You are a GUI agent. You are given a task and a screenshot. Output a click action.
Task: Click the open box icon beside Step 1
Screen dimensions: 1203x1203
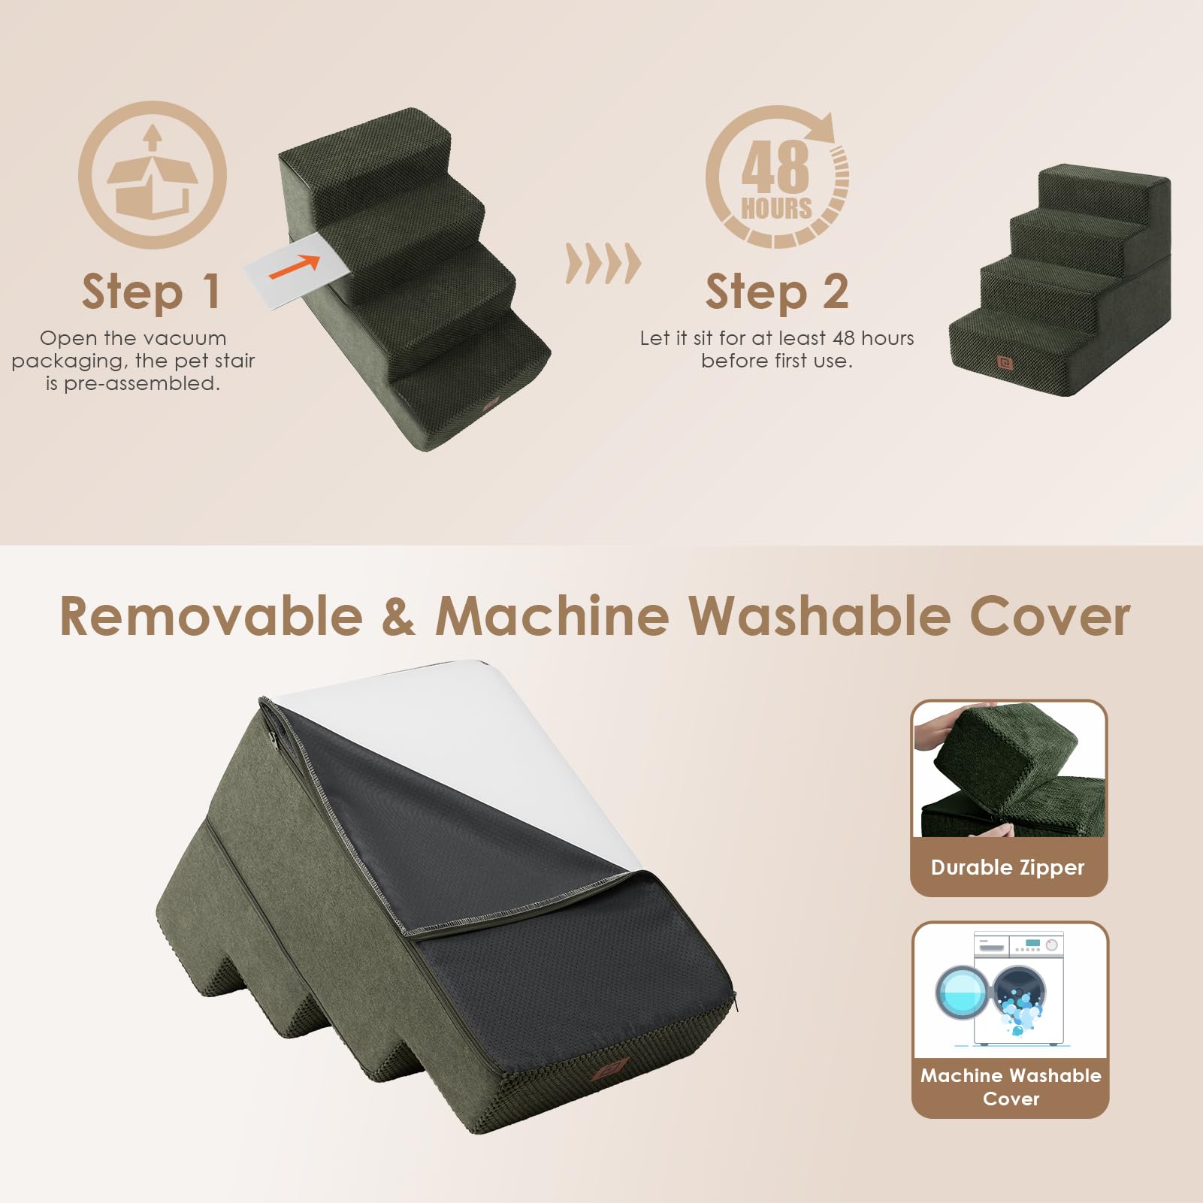pyautogui.click(x=153, y=175)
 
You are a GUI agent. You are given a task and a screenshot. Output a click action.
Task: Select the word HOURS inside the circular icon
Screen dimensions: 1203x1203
pyautogui.click(x=776, y=208)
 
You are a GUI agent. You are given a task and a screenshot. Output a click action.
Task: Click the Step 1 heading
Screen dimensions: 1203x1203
pyautogui.click(x=152, y=292)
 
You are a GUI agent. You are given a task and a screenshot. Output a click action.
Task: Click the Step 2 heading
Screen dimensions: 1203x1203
pyautogui.click(x=777, y=292)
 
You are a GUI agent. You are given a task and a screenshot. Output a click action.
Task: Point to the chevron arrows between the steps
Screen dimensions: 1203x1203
pyautogui.click(x=603, y=264)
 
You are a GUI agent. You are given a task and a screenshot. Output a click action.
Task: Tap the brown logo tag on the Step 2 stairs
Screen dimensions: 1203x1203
pyautogui.click(x=1005, y=363)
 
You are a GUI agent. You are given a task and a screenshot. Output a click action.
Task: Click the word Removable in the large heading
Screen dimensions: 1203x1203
pyautogui.click(x=211, y=617)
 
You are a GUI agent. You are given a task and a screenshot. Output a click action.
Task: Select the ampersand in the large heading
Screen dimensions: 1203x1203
pyautogui.click(x=398, y=617)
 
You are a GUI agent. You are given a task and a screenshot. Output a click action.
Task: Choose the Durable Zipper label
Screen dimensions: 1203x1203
pyautogui.click(x=1008, y=868)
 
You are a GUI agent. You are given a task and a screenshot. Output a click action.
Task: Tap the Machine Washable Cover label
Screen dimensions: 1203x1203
pyautogui.click(x=1011, y=1087)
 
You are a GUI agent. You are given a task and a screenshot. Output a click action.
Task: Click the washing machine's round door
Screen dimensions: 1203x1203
pyautogui.click(x=963, y=993)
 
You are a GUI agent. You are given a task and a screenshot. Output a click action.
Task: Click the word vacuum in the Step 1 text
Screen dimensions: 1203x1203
pyautogui.click(x=184, y=338)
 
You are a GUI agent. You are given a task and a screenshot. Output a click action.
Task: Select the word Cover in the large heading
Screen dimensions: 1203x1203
pyautogui.click(x=1050, y=617)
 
